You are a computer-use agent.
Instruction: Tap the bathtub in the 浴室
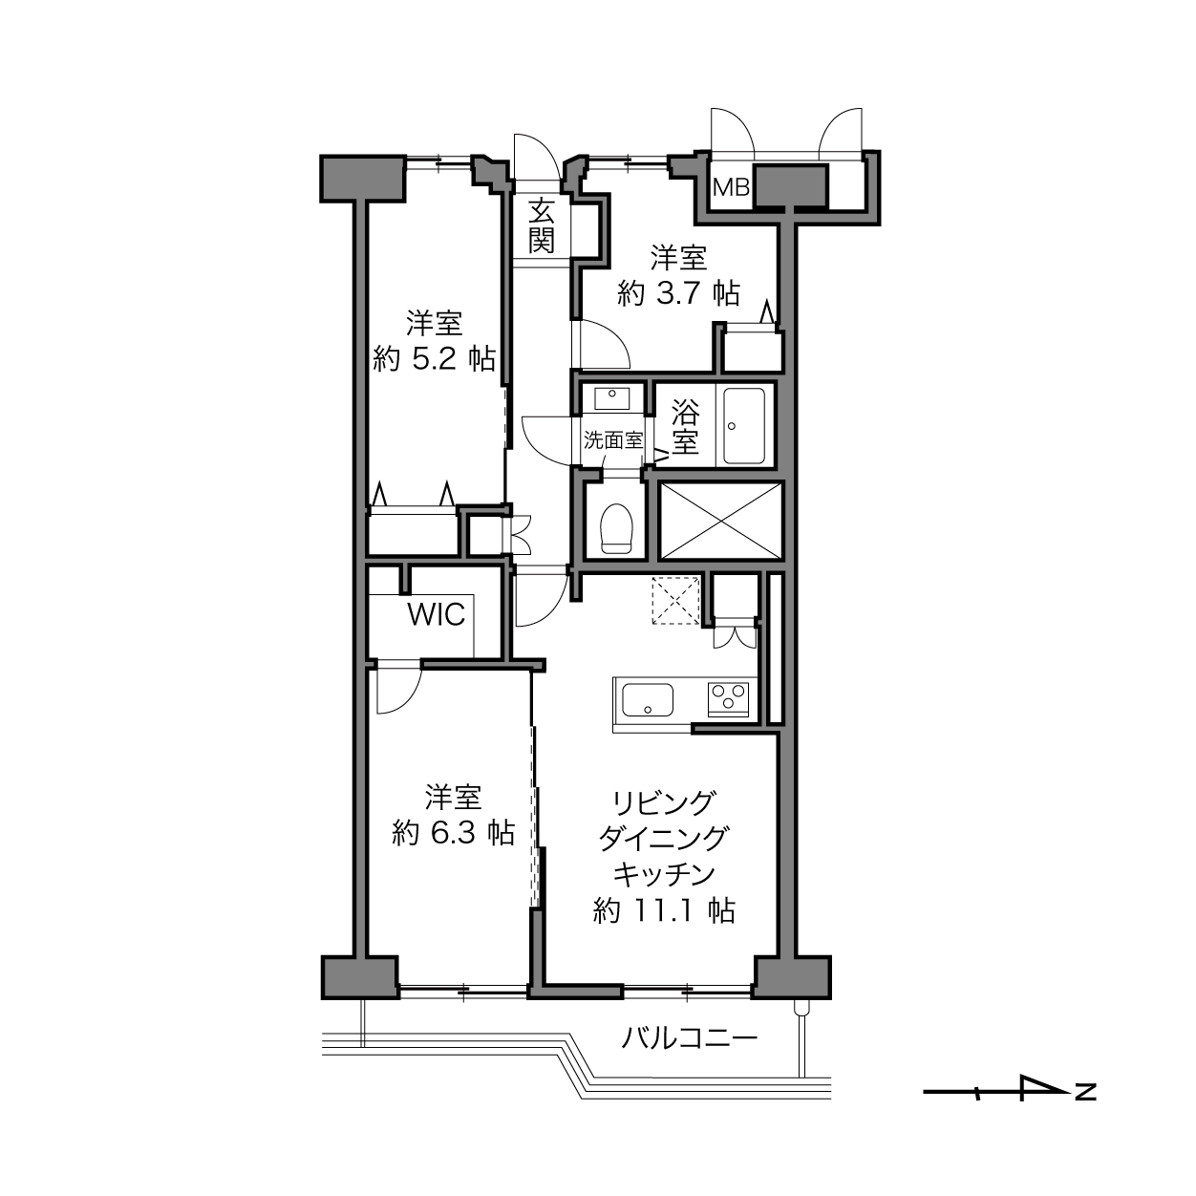click(x=744, y=425)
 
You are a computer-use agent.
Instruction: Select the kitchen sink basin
click(x=648, y=699)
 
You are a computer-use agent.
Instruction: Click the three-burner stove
click(x=728, y=699)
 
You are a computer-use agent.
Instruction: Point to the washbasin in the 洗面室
click(x=612, y=397)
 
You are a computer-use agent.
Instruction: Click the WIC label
click(x=436, y=614)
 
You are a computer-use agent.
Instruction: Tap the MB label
click(x=732, y=187)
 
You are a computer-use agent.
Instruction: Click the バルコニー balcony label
click(x=690, y=1037)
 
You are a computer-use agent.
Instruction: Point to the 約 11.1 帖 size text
click(x=664, y=909)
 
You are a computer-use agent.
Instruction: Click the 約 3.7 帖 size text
click(x=678, y=292)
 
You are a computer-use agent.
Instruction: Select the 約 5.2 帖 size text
click(x=434, y=358)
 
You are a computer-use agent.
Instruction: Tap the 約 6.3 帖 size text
click(x=453, y=832)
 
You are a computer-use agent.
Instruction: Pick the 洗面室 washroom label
click(x=612, y=440)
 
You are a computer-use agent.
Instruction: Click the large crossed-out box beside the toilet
click(x=720, y=521)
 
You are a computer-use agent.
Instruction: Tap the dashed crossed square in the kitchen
click(x=675, y=599)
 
